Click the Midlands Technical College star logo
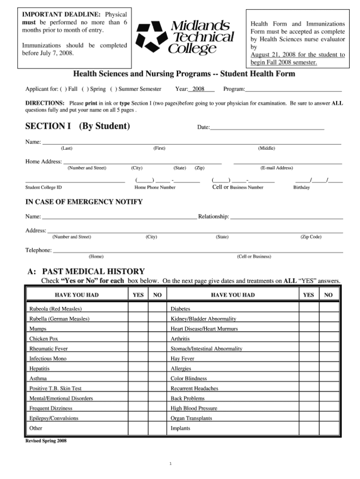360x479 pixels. tap(152, 37)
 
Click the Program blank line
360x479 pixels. tap(293, 90)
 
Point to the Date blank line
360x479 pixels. tap(267, 128)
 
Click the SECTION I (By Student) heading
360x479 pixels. tap(77, 126)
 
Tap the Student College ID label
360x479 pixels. tap(43, 188)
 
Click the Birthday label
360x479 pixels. tap(301, 188)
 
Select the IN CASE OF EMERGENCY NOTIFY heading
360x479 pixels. tap(83, 202)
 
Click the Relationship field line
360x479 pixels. tap(286, 218)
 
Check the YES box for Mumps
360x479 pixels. tap(138, 329)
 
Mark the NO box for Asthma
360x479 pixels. tap(157, 378)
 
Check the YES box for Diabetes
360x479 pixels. tap(308, 309)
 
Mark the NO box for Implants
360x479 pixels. tap(329, 428)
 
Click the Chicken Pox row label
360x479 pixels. tap(44, 339)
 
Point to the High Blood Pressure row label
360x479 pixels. tap(194, 408)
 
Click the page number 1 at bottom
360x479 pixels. tap(172, 464)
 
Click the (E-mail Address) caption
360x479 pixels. tap(277, 168)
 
